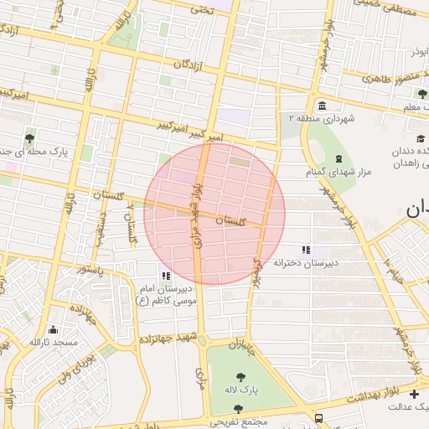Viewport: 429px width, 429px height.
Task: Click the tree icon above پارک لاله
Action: click(x=241, y=377)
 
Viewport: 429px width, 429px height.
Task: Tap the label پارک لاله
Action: click(x=241, y=390)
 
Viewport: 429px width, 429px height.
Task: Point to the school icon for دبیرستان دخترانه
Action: click(x=307, y=250)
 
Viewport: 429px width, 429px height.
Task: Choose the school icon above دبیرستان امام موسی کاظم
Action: click(x=166, y=275)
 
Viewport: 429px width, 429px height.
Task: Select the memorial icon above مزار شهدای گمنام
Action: click(x=338, y=158)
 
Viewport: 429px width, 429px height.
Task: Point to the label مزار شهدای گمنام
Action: click(x=339, y=172)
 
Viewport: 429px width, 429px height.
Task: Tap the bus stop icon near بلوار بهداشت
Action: click(x=318, y=417)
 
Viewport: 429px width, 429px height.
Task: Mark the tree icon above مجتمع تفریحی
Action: click(x=240, y=409)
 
